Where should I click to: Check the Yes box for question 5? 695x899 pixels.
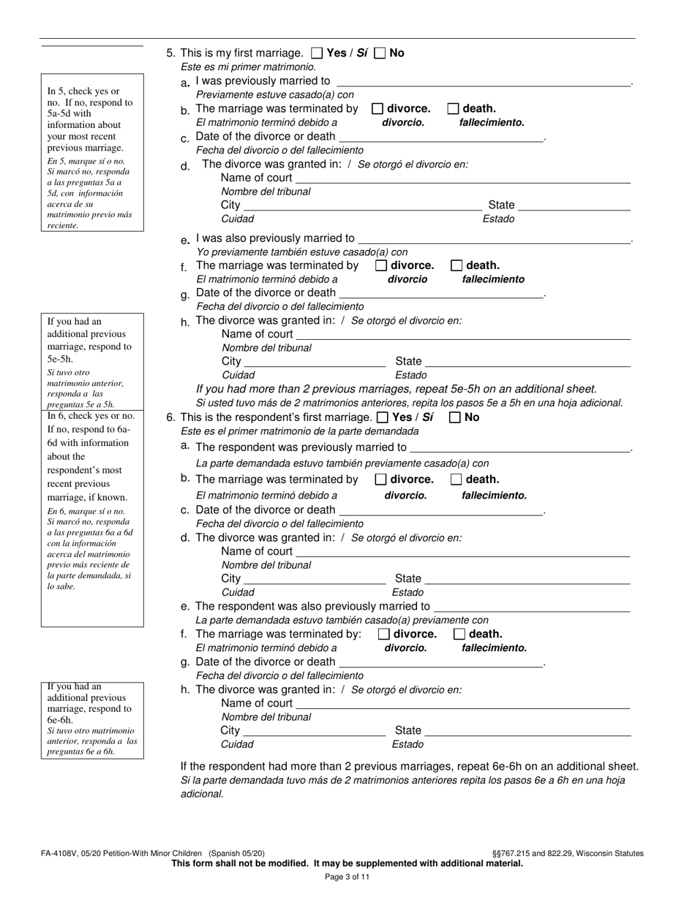tap(317, 53)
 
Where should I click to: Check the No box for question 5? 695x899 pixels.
tap(380, 53)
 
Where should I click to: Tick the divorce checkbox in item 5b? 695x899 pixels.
tap(377, 109)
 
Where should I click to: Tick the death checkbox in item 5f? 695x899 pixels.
tap(457, 266)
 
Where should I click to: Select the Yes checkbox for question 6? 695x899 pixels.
tap(383, 418)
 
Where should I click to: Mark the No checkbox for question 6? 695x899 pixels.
tap(455, 418)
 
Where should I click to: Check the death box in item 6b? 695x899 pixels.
tap(457, 480)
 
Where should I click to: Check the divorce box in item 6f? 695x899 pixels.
tap(384, 634)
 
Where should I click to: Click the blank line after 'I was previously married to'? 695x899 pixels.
tap(483, 81)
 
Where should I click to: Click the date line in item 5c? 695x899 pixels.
tap(442, 137)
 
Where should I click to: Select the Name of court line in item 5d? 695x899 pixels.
tap(462, 178)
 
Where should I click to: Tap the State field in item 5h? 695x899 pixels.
tap(527, 361)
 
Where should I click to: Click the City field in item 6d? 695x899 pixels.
tap(315, 579)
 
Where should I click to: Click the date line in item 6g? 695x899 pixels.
tap(442, 662)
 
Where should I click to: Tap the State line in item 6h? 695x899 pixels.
tap(527, 731)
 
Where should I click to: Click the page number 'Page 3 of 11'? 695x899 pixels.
tap(347, 877)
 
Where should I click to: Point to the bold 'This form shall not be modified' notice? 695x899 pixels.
tap(347, 863)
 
